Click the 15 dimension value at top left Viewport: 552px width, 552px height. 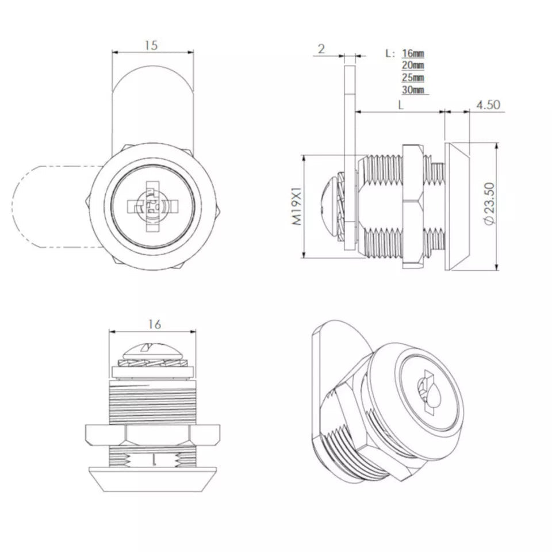click(x=151, y=45)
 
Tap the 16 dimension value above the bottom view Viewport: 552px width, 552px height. click(x=154, y=324)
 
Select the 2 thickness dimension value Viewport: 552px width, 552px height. click(x=321, y=49)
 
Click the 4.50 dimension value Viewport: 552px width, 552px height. click(x=488, y=105)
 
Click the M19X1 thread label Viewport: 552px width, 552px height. click(x=297, y=206)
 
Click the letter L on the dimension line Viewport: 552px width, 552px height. click(x=401, y=105)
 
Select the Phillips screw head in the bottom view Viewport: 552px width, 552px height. click(x=152, y=348)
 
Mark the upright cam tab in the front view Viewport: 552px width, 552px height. click(x=152, y=103)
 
